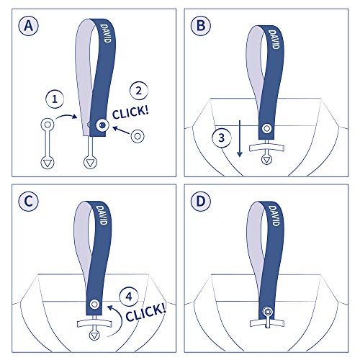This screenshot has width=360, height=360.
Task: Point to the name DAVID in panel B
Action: (275, 40)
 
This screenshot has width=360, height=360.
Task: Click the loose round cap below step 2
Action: (138, 135)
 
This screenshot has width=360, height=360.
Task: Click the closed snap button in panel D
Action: (267, 312)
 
